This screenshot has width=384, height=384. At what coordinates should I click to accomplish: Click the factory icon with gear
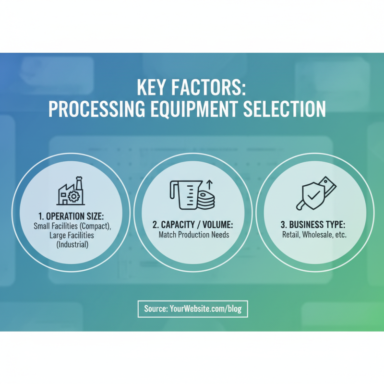click(71, 192)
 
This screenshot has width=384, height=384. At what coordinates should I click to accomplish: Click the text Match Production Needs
click(193, 235)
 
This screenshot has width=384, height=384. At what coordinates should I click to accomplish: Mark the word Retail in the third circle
click(291, 235)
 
